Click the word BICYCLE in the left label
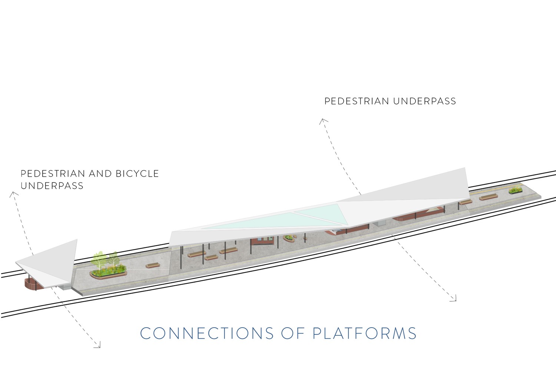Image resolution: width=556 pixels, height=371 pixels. point(137,174)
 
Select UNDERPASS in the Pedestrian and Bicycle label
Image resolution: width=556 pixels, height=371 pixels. point(52,185)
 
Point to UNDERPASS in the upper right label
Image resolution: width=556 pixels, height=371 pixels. point(425,101)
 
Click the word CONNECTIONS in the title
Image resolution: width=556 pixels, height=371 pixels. point(207,333)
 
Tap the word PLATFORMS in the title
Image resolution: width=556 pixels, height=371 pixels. point(364,333)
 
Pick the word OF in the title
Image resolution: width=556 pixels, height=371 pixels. point(293,333)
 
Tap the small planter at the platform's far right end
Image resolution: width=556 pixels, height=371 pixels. point(516,190)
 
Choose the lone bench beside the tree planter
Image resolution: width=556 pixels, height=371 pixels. point(152,265)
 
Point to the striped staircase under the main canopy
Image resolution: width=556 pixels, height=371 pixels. point(433,211)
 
